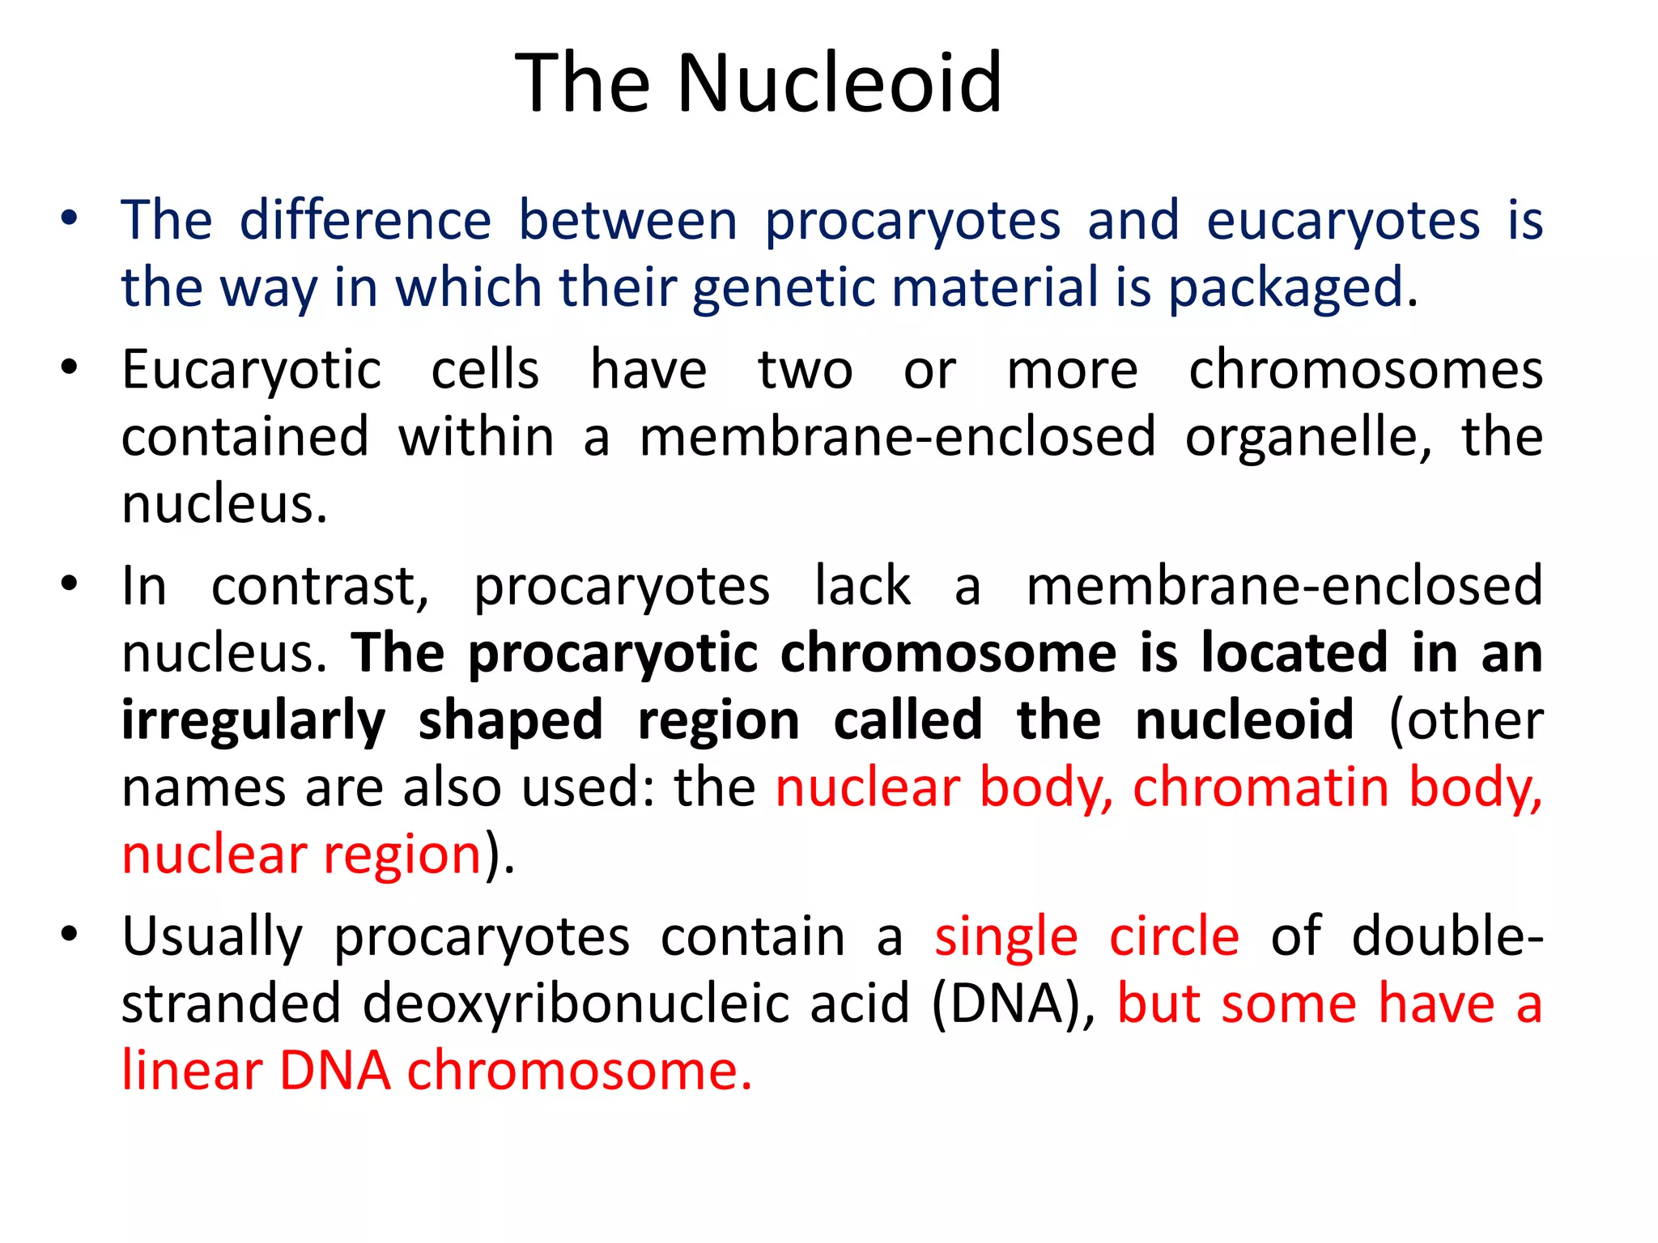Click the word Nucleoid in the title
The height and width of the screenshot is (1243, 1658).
[x=840, y=83]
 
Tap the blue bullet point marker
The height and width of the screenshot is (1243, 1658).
[x=70, y=218]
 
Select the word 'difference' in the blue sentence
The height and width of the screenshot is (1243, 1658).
[x=365, y=220]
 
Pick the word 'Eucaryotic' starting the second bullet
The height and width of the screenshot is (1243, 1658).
[x=251, y=371]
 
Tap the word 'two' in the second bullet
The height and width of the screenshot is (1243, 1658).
[x=805, y=371]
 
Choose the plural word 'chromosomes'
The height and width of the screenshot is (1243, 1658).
[x=1366, y=371]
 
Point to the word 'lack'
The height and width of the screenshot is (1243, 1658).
[x=862, y=587]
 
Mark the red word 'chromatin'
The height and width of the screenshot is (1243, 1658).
[x=1261, y=787]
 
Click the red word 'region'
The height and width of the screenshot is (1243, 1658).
[x=403, y=855]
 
